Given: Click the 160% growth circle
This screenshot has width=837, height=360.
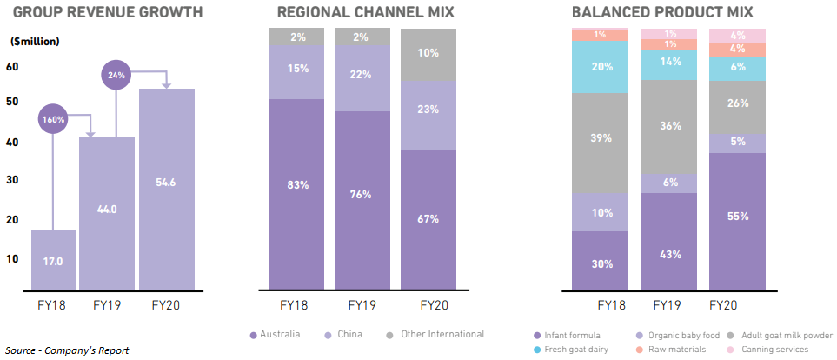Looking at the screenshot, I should [53, 120].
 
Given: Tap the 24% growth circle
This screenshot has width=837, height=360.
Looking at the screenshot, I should [116, 76].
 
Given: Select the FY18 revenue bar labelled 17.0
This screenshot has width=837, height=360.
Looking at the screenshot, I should [55, 259].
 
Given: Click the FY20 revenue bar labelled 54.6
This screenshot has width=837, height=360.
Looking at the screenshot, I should [166, 189].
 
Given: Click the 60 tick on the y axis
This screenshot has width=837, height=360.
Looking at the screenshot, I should [13, 67].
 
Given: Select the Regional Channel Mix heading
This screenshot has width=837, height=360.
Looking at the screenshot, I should [364, 12].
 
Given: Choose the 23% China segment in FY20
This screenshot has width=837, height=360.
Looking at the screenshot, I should [428, 110].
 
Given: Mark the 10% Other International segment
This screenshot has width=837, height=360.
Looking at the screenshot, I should [428, 54].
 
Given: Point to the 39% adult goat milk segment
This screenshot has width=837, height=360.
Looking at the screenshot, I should [600, 138].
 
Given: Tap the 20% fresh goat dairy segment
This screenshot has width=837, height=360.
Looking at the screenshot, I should [600, 67].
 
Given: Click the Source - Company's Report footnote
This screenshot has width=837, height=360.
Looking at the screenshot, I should [67, 350].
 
